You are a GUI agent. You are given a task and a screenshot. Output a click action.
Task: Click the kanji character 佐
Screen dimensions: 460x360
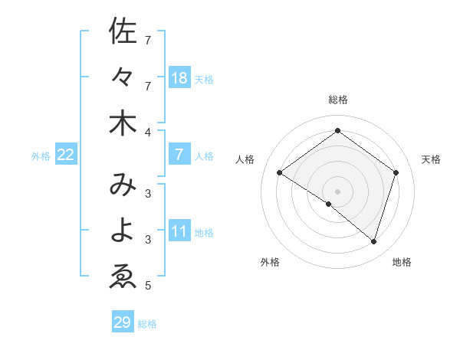123,32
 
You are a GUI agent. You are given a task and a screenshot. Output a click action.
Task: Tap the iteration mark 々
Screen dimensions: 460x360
123,77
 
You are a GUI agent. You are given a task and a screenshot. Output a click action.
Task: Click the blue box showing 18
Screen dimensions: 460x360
179,77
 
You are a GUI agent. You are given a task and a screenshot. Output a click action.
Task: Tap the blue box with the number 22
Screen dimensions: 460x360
65,155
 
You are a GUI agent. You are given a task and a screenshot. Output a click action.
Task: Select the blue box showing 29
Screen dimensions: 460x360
123,322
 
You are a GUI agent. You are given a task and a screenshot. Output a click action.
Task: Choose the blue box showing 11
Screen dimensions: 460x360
179,231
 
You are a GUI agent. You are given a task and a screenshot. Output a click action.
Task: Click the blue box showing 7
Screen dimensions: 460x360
179,155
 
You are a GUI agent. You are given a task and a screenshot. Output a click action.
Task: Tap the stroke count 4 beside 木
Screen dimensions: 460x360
148,132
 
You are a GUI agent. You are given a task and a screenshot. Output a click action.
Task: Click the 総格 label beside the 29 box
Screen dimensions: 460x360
147,324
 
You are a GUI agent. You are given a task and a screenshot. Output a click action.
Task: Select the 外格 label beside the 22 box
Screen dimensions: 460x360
41,156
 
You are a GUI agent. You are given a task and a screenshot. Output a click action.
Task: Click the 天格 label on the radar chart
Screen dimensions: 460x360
431,159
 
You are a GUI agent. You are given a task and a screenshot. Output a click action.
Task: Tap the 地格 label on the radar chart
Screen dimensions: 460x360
402,262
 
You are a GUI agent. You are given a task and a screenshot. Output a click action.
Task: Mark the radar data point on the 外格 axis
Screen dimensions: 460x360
329,204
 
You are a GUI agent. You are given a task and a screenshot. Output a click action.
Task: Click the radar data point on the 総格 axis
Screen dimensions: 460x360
337,131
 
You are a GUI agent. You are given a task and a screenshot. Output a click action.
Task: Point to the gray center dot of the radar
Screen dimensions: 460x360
337,191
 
